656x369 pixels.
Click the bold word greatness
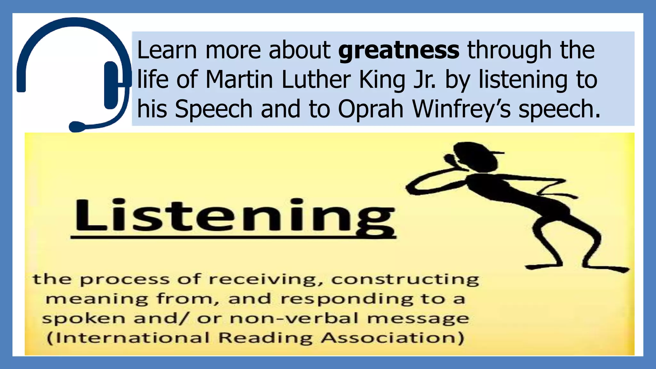399,51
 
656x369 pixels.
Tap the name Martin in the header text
239,79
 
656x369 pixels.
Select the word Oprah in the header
371,109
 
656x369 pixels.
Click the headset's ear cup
111,85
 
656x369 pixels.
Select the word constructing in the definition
405,280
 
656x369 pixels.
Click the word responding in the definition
347,299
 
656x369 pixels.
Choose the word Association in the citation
393,338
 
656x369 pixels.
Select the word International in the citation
128,338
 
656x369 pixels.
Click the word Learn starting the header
167,51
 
